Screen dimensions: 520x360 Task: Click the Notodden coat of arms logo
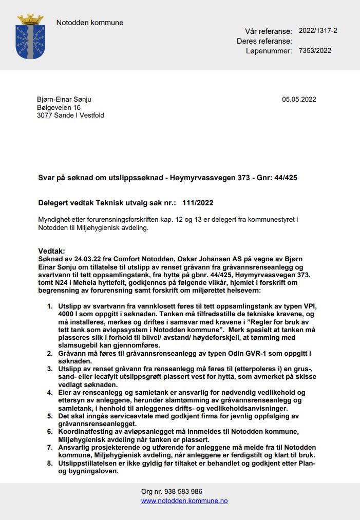pos(30,36)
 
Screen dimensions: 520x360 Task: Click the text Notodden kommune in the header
pos(89,23)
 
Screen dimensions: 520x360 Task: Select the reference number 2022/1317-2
pos(318,31)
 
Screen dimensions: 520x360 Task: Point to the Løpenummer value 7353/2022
pos(315,50)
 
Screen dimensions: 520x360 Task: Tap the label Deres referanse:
pos(264,41)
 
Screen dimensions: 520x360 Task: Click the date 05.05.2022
pos(299,99)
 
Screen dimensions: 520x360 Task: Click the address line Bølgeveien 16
pos(59,107)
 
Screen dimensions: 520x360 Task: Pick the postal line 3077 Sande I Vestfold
pos(70,115)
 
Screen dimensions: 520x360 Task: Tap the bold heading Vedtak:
pos(52,251)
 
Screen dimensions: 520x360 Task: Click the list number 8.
pos(49,464)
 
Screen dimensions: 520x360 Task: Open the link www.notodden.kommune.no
pos(184,500)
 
